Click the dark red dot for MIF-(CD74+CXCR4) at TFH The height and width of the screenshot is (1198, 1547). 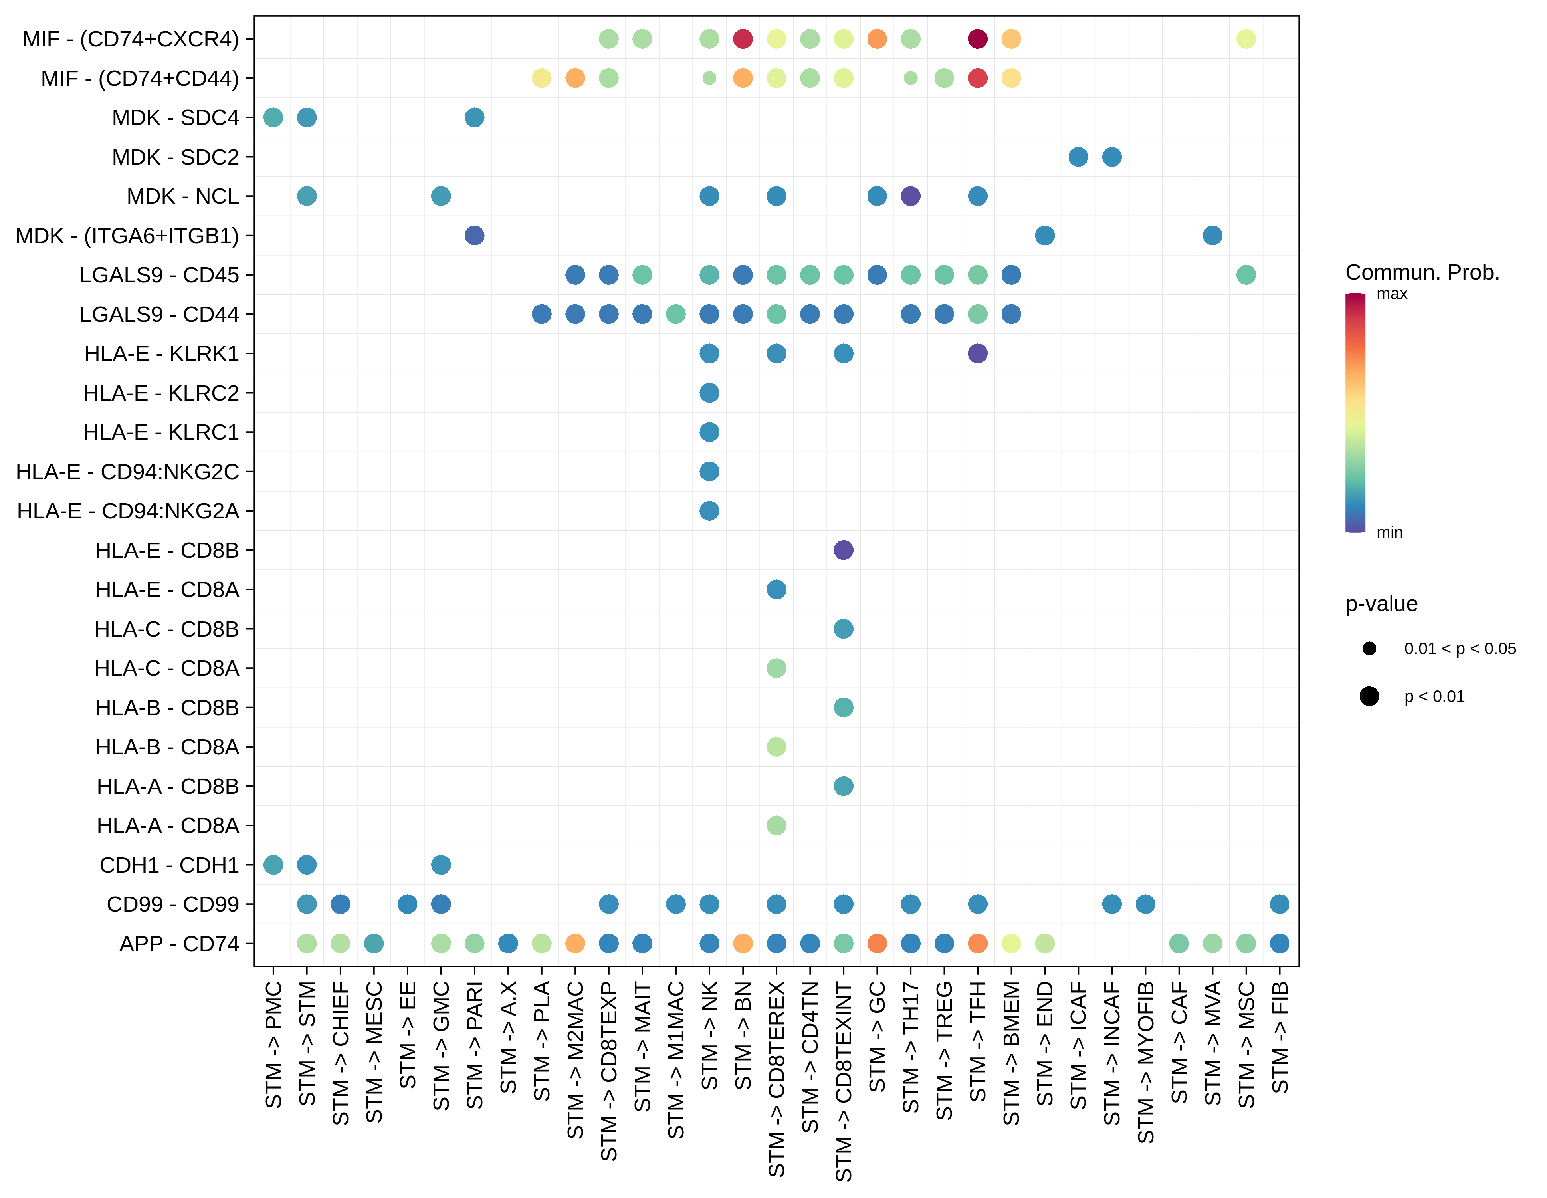977,39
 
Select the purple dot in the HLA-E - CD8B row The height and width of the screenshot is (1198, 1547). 843,550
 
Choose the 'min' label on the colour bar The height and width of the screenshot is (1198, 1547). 1389,532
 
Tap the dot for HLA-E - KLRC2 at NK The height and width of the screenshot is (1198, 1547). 709,393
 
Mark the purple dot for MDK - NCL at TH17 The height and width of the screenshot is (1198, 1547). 910,196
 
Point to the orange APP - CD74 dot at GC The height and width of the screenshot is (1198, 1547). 877,943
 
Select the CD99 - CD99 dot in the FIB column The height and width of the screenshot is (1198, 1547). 1279,904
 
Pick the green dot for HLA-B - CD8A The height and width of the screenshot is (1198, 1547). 776,747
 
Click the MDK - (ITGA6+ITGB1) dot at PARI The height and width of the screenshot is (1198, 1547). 475,235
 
